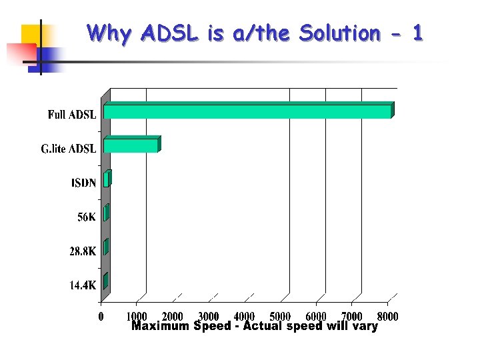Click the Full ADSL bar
tap(247, 111)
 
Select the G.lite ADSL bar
tap(131, 145)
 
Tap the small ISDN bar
tap(107, 179)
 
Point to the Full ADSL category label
tap(72, 115)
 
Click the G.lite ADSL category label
tap(69, 149)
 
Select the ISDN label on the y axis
tap(83, 183)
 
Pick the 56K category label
tap(86, 217)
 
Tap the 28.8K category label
tap(83, 251)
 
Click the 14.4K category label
tap(83, 286)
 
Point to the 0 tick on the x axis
tap(101, 316)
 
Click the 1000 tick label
tap(137, 316)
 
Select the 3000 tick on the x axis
tap(209, 316)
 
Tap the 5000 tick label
tap(280, 316)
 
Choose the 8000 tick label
tap(387, 316)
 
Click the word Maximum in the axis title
tap(160, 326)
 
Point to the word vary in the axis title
tap(363, 326)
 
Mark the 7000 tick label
tap(351, 316)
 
